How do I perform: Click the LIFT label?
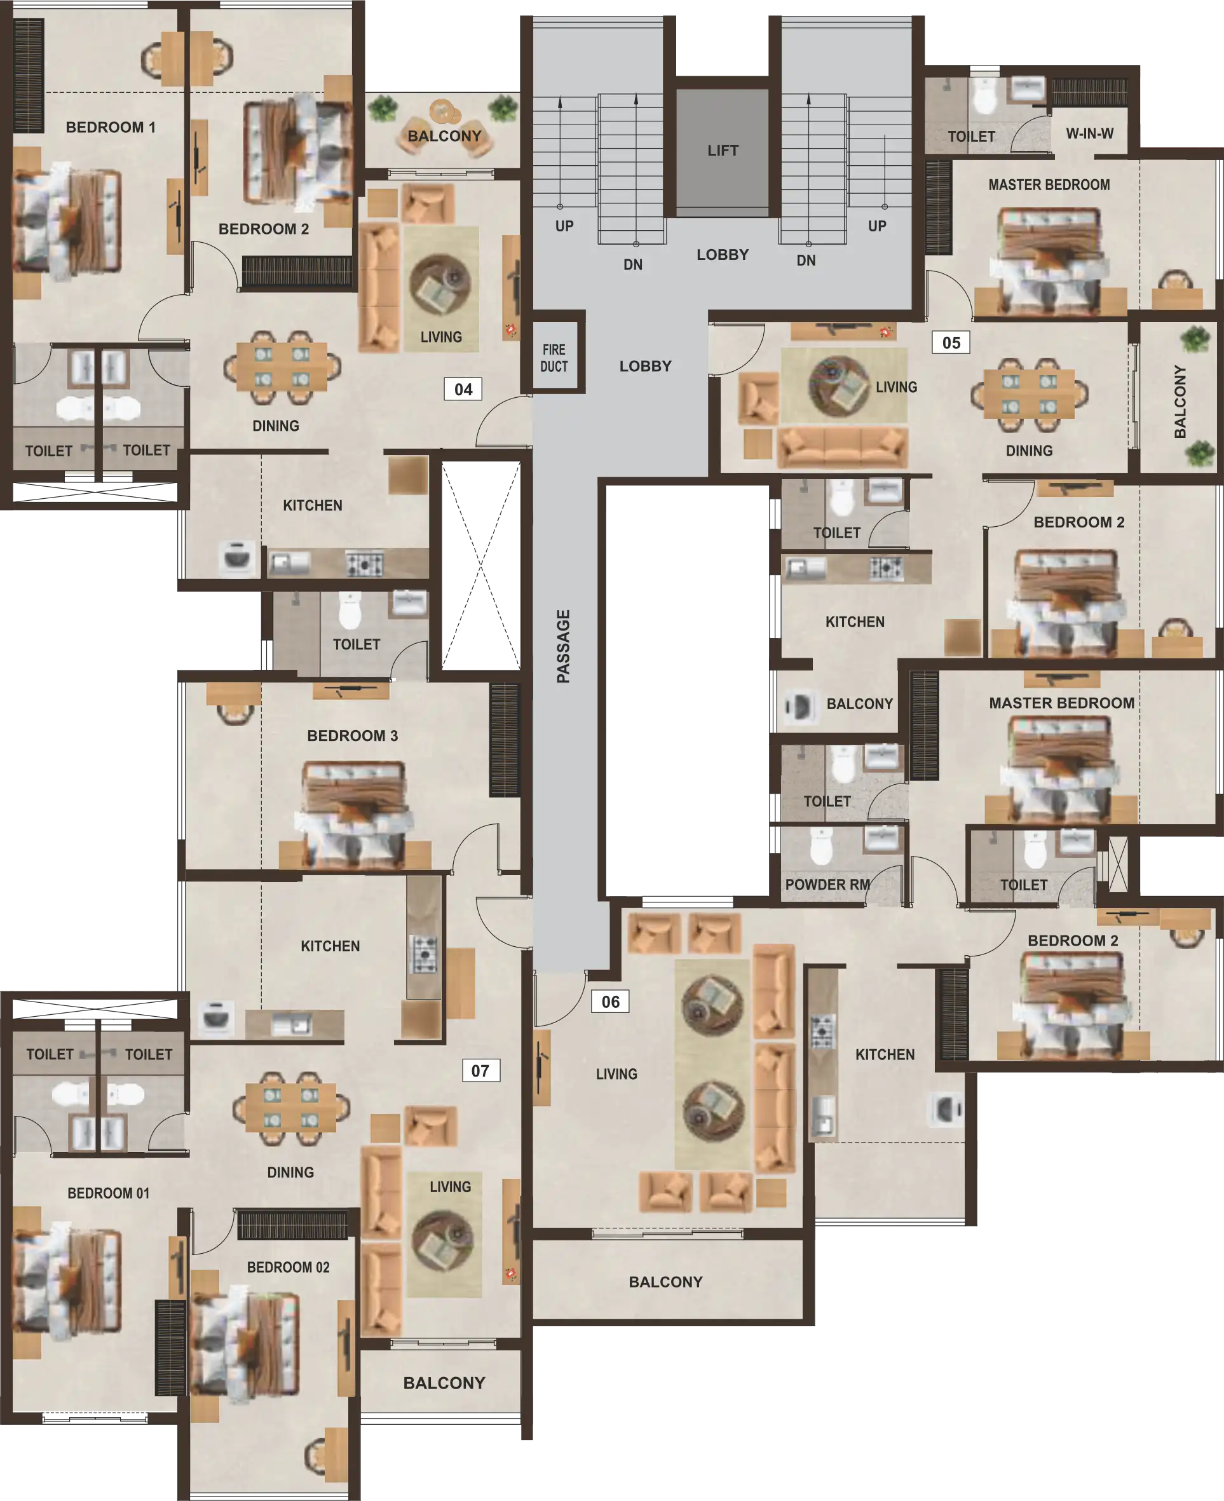[723, 150]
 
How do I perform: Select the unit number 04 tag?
[463, 389]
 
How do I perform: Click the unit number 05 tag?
[951, 343]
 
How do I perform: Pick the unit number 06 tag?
[611, 1002]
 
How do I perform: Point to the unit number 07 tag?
[480, 1071]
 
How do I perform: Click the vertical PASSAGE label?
[562, 646]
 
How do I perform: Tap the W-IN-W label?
[1090, 133]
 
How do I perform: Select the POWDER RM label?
[827, 884]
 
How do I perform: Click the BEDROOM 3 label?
[353, 735]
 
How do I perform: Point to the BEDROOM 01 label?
[109, 1193]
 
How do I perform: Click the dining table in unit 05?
[1030, 395]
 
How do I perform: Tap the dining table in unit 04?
[282, 367]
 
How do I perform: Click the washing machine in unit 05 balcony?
[799, 707]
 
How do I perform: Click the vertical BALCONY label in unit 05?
[1180, 401]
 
